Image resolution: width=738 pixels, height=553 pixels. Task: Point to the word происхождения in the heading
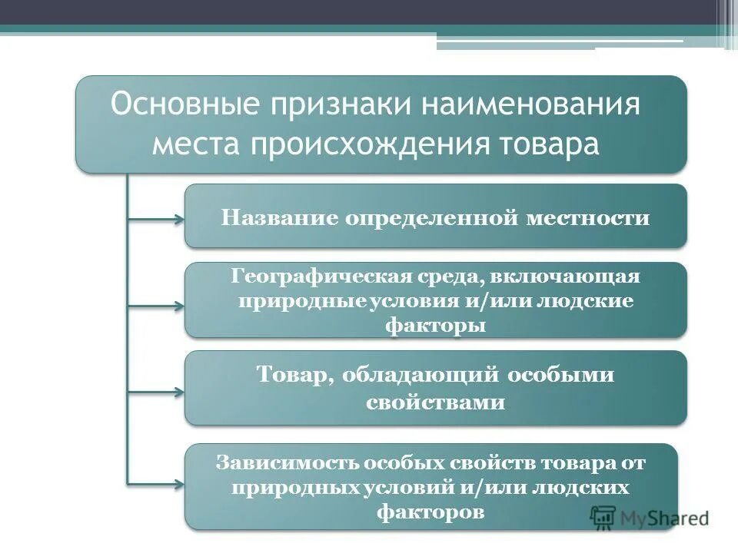pos(380,144)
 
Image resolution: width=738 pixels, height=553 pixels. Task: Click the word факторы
pos(435,325)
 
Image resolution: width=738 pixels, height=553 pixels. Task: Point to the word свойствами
pos(435,402)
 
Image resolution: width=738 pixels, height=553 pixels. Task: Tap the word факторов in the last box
pos(431,512)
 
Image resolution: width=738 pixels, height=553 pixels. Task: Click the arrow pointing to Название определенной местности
pos(156,220)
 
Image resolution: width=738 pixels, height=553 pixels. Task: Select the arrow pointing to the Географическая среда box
pos(156,306)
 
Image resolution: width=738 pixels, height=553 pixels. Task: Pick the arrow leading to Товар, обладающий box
pos(156,392)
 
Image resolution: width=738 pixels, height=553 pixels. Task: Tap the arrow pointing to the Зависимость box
pos(156,484)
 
